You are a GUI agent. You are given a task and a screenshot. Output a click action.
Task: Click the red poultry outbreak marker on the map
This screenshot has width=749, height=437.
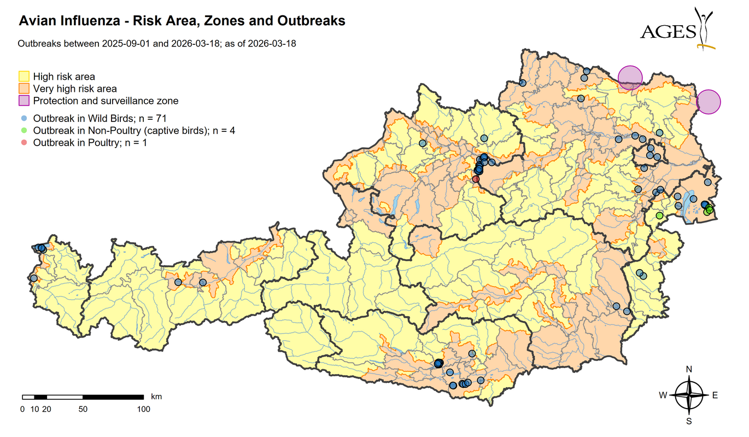click(476, 179)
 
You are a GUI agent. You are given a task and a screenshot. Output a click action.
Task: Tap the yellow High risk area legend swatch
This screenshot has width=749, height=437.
click(24, 77)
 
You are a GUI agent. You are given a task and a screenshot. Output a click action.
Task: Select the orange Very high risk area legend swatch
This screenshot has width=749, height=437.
click(24, 89)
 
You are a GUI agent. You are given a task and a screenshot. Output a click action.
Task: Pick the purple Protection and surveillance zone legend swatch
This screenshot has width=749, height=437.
click(24, 101)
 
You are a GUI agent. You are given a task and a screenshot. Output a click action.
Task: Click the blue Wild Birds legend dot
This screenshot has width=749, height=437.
click(24, 118)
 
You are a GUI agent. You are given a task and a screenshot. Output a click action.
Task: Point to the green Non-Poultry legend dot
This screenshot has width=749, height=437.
click(24, 130)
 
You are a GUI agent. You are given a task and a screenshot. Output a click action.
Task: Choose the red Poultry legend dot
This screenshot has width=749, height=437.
click(24, 142)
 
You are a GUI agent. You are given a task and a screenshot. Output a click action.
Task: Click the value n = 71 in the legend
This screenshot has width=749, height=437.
click(153, 118)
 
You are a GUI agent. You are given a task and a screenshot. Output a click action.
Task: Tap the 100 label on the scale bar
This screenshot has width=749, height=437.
click(143, 409)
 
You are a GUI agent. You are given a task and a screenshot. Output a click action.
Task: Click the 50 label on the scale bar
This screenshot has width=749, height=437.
click(83, 409)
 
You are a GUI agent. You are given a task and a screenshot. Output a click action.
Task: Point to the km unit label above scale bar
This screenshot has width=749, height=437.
click(156, 396)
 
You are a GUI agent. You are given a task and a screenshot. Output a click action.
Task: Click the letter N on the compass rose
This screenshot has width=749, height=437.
click(689, 369)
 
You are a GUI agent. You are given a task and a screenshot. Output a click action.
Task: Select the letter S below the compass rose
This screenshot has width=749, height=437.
click(689, 421)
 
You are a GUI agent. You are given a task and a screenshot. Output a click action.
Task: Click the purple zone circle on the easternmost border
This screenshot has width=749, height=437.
click(709, 102)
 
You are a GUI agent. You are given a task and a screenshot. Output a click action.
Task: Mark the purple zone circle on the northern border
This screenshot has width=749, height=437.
click(630, 77)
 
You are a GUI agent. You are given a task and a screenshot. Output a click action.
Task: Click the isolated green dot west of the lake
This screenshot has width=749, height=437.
click(659, 215)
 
